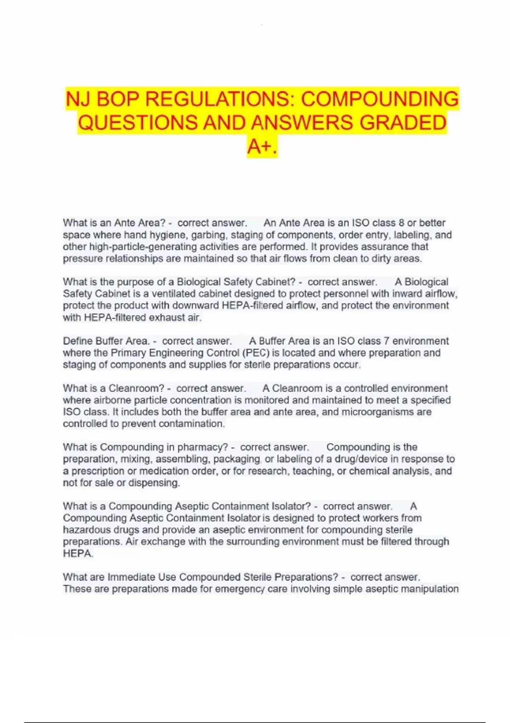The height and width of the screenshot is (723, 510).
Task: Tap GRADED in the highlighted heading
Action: tap(403, 123)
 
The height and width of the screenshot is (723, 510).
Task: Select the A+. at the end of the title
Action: tap(262, 147)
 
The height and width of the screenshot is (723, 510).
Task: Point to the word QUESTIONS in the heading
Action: tap(138, 123)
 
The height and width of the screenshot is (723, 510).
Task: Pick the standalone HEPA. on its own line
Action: tap(78, 554)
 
